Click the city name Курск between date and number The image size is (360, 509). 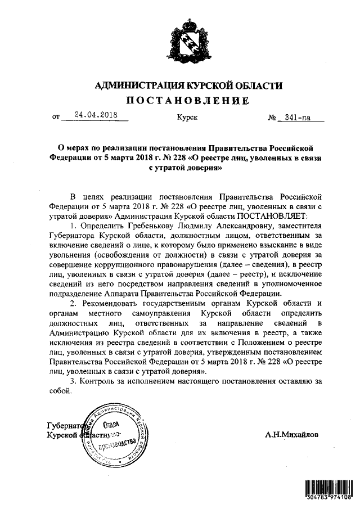(187, 119)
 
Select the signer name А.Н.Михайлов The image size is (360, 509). (291, 435)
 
